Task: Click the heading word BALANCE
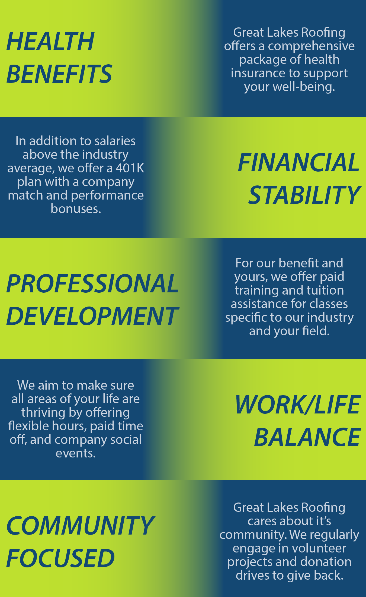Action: point(307,437)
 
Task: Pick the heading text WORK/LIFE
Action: point(298,405)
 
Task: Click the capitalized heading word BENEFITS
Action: point(59,74)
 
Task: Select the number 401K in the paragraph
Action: point(130,168)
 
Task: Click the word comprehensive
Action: point(311,46)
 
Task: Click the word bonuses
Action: point(76,209)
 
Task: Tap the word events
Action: point(76,453)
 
